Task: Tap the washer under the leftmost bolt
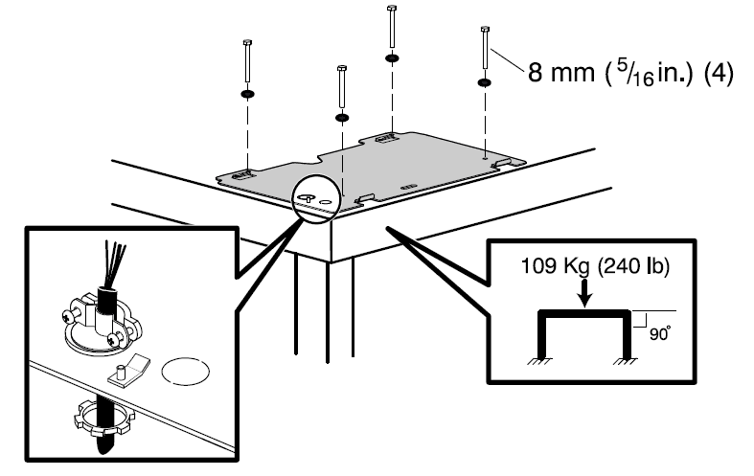point(248,95)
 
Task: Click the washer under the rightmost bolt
point(485,83)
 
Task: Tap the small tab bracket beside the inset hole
point(128,369)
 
